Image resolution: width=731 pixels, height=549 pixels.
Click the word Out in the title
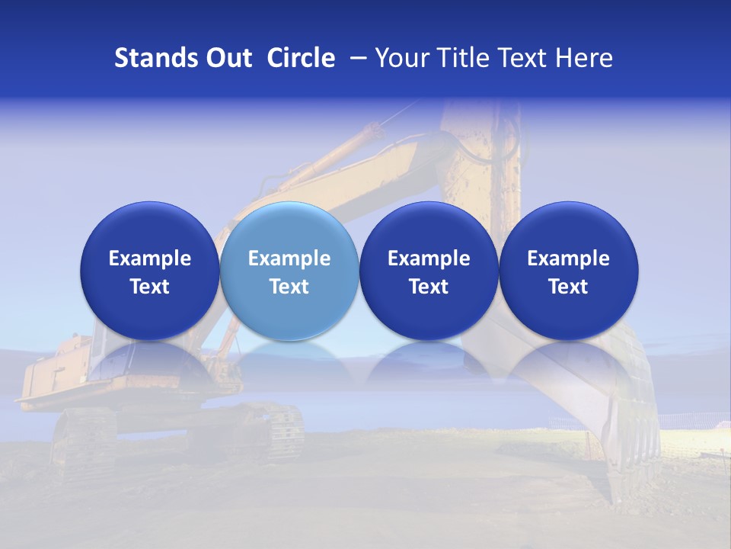click(x=228, y=58)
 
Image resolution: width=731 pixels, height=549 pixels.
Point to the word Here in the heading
click(x=584, y=58)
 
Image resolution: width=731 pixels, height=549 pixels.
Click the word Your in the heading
click(x=401, y=58)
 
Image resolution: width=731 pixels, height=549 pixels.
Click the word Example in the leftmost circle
click(x=149, y=258)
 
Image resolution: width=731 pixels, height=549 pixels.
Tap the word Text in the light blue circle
click(x=289, y=287)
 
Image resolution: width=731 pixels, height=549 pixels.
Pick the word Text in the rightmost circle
click(x=569, y=287)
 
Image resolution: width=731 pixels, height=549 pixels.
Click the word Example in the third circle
click(x=429, y=258)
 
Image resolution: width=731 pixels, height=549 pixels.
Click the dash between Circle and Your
click(x=356, y=58)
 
